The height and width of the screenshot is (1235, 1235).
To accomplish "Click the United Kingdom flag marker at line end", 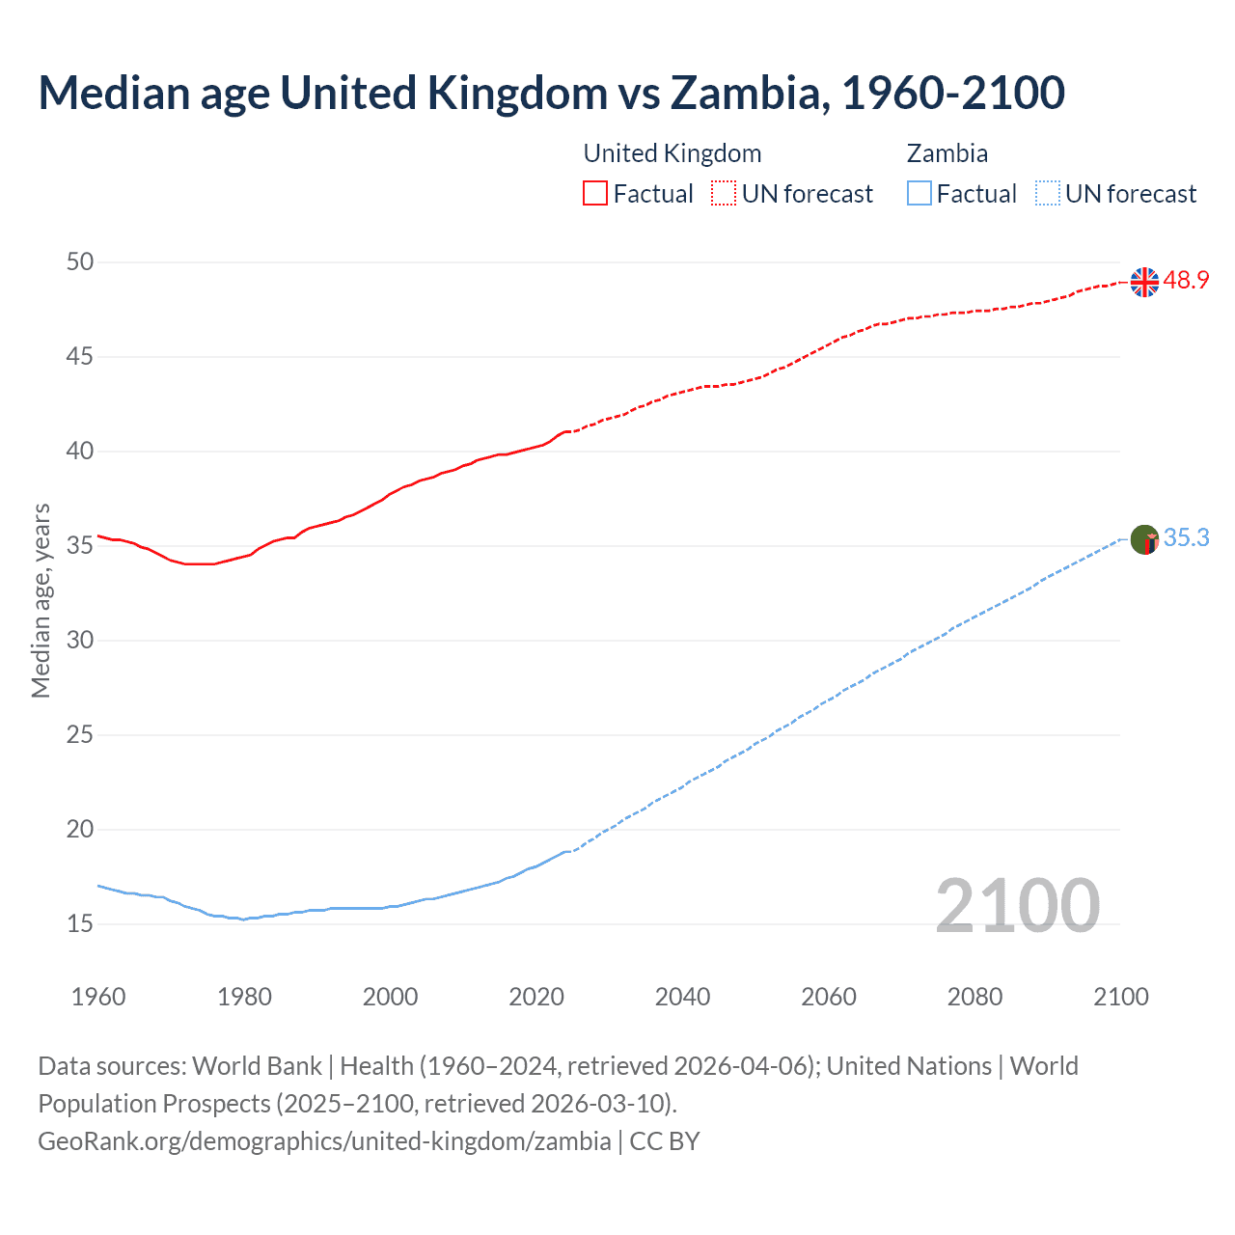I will pyautogui.click(x=1144, y=282).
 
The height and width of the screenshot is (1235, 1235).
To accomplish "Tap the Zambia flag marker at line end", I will pyautogui.click(x=1144, y=539).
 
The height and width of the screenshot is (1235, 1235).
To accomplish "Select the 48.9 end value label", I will pyautogui.click(x=1186, y=281).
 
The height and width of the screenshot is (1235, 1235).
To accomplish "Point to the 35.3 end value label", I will pyautogui.click(x=1186, y=538).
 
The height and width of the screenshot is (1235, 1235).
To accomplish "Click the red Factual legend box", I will pyautogui.click(x=595, y=194).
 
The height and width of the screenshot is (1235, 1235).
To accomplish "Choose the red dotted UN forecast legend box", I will pyautogui.click(x=724, y=194).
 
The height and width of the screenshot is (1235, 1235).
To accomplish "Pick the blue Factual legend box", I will pyautogui.click(x=919, y=194).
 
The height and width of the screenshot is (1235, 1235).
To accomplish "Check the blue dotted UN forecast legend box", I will pyautogui.click(x=1047, y=194).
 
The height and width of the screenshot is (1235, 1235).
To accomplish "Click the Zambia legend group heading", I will pyautogui.click(x=947, y=153).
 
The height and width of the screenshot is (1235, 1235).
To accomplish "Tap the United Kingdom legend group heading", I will pyautogui.click(x=672, y=153).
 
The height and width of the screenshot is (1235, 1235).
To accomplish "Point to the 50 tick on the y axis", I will pyautogui.click(x=81, y=262).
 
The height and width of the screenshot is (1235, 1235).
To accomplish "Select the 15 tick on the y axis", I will pyautogui.click(x=81, y=924).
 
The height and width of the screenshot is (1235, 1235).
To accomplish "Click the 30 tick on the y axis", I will pyautogui.click(x=81, y=641).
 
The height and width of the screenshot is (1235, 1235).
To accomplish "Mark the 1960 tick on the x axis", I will pyautogui.click(x=98, y=997).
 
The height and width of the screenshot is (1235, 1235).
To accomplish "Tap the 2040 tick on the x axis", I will pyautogui.click(x=682, y=997).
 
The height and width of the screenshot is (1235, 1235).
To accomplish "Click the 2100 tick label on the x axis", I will pyautogui.click(x=1121, y=997).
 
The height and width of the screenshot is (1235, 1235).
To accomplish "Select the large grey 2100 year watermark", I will pyautogui.click(x=1017, y=906).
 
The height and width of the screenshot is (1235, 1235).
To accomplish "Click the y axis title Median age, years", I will pyautogui.click(x=41, y=600).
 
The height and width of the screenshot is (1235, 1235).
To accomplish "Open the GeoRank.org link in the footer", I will pyautogui.click(x=324, y=1141).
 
